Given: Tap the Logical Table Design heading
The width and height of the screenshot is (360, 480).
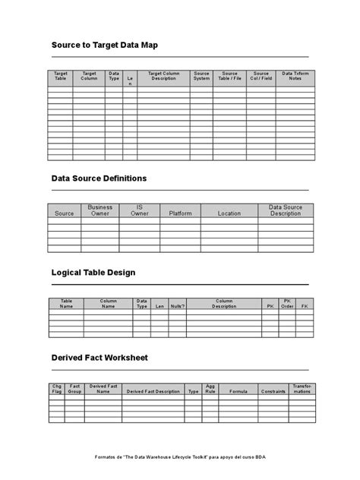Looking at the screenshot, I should click(x=93, y=272).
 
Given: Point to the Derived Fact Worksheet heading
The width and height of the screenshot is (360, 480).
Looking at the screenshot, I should click(x=99, y=357).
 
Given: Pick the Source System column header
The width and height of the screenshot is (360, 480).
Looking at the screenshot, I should click(x=201, y=77).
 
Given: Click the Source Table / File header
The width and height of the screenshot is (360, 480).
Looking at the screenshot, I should click(x=230, y=77).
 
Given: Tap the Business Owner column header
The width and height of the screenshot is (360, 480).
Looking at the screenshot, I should click(x=100, y=210).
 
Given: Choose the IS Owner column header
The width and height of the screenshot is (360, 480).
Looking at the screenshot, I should click(x=139, y=210).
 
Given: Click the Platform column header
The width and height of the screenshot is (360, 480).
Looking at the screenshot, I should click(x=180, y=213).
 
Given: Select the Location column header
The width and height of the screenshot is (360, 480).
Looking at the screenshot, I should click(x=229, y=213).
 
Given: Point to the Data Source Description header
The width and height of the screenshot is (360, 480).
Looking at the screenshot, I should click(x=286, y=210).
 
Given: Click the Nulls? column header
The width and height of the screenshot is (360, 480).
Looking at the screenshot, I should click(x=177, y=307).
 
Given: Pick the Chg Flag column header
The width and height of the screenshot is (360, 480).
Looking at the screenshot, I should click(x=56, y=389).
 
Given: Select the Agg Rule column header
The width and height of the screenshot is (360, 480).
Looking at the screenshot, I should click(x=210, y=389).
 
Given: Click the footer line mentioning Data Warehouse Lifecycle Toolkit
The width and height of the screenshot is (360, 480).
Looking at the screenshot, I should click(x=180, y=458).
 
